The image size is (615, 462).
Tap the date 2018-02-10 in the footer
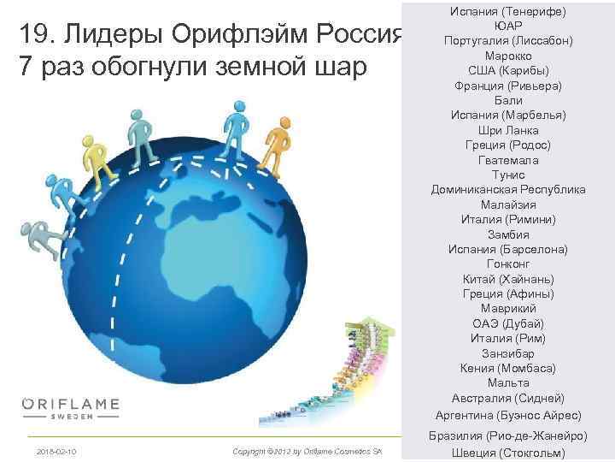pyautogui.click(x=56, y=451)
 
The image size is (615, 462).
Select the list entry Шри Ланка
pyautogui.click(x=508, y=131)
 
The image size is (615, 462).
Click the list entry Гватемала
pyautogui.click(x=508, y=160)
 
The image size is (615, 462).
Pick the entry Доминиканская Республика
pyautogui.click(x=508, y=190)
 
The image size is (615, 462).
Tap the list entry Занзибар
pyautogui.click(x=508, y=353)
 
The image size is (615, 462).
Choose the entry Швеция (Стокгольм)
pyautogui.click(x=508, y=453)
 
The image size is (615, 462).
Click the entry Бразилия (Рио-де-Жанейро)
pyautogui.click(x=508, y=435)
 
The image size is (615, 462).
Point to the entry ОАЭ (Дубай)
pyautogui.click(x=508, y=323)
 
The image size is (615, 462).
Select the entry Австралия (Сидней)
pyautogui.click(x=508, y=398)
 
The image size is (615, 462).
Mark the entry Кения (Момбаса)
pyautogui.click(x=508, y=368)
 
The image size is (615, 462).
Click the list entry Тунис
pyautogui.click(x=508, y=175)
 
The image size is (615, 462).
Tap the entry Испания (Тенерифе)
pyautogui.click(x=508, y=11)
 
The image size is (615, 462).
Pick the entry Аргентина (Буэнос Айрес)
pyautogui.click(x=508, y=415)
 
